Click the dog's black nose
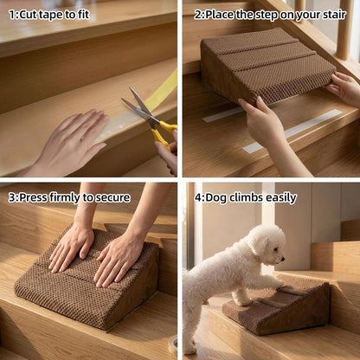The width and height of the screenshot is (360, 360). pyautogui.click(x=284, y=259)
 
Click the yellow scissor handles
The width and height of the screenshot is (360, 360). pyautogui.click(x=164, y=133)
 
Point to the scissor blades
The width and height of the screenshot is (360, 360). pyautogui.click(x=138, y=106)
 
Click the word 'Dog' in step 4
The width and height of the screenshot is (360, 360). pyautogui.click(x=215, y=198)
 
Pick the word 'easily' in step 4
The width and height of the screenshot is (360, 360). pyautogui.click(x=281, y=198)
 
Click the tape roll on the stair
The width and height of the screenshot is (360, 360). pyautogui.click(x=172, y=344)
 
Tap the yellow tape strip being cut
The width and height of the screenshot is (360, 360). pyautogui.click(x=162, y=90)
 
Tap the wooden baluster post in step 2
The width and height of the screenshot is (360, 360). pyautogui.click(x=344, y=29)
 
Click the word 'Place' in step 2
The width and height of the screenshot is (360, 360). pyautogui.click(x=219, y=14)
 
